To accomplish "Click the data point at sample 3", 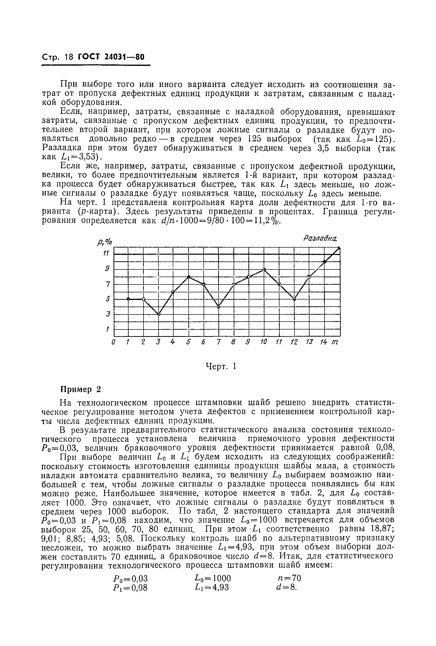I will (x=159, y=314).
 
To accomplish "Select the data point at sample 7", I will (x=219, y=307).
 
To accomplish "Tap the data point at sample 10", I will (x=264, y=269).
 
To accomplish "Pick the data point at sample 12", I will (x=294, y=299).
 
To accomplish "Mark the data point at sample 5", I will (x=189, y=277).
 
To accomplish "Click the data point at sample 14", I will (x=325, y=261).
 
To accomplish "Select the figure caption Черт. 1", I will (x=220, y=367).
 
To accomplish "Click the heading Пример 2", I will (x=81, y=390).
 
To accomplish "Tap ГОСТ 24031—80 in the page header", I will (x=111, y=57).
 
